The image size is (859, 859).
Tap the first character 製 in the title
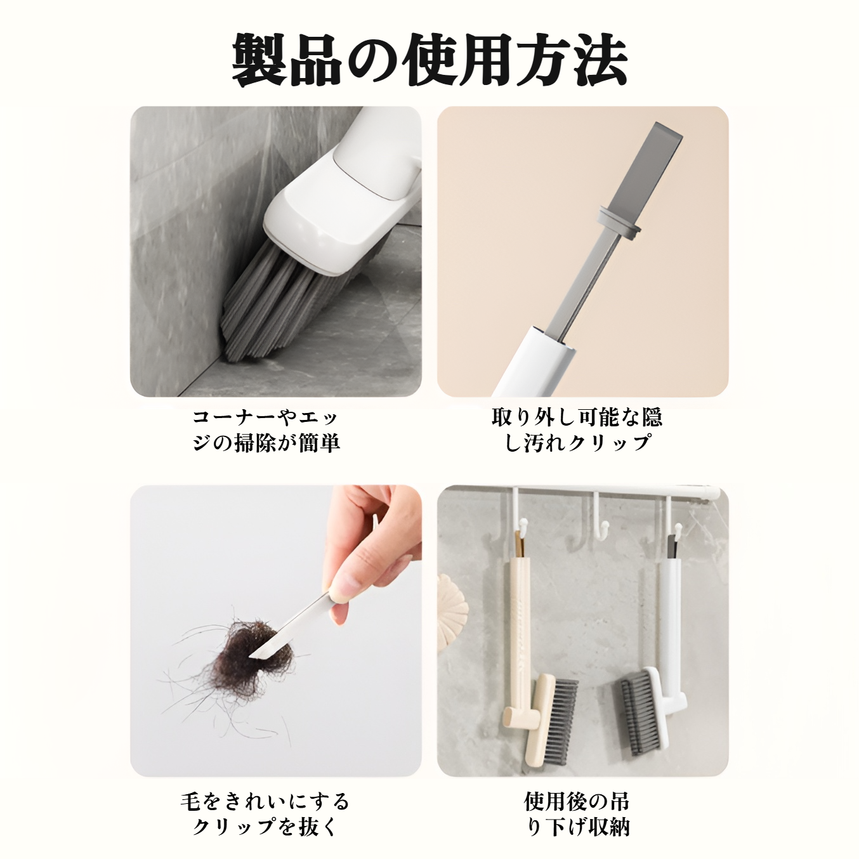[258, 60]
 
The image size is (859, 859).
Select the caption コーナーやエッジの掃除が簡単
[266, 430]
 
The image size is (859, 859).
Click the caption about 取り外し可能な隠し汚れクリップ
[577, 430]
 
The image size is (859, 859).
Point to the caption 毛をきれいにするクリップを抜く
[265, 813]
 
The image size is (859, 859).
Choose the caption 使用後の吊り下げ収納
[577, 813]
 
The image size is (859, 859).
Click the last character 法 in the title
[600, 60]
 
